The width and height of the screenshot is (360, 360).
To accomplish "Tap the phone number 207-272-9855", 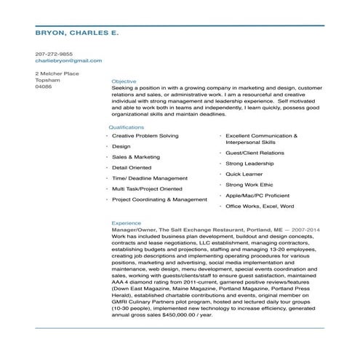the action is coord(54,54).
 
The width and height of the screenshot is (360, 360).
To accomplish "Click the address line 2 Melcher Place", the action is coord(57,73).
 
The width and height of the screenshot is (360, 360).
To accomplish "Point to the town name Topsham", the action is coord(48,80).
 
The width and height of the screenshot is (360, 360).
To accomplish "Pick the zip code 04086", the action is coord(44,87).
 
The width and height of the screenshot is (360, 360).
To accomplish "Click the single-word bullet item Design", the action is coord(121,146).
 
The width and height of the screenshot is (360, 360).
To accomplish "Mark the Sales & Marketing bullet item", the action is coord(136,156).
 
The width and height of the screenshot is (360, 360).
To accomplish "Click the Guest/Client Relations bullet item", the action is coord(255,153).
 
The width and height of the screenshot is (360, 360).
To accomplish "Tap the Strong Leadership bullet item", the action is coord(249,164).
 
